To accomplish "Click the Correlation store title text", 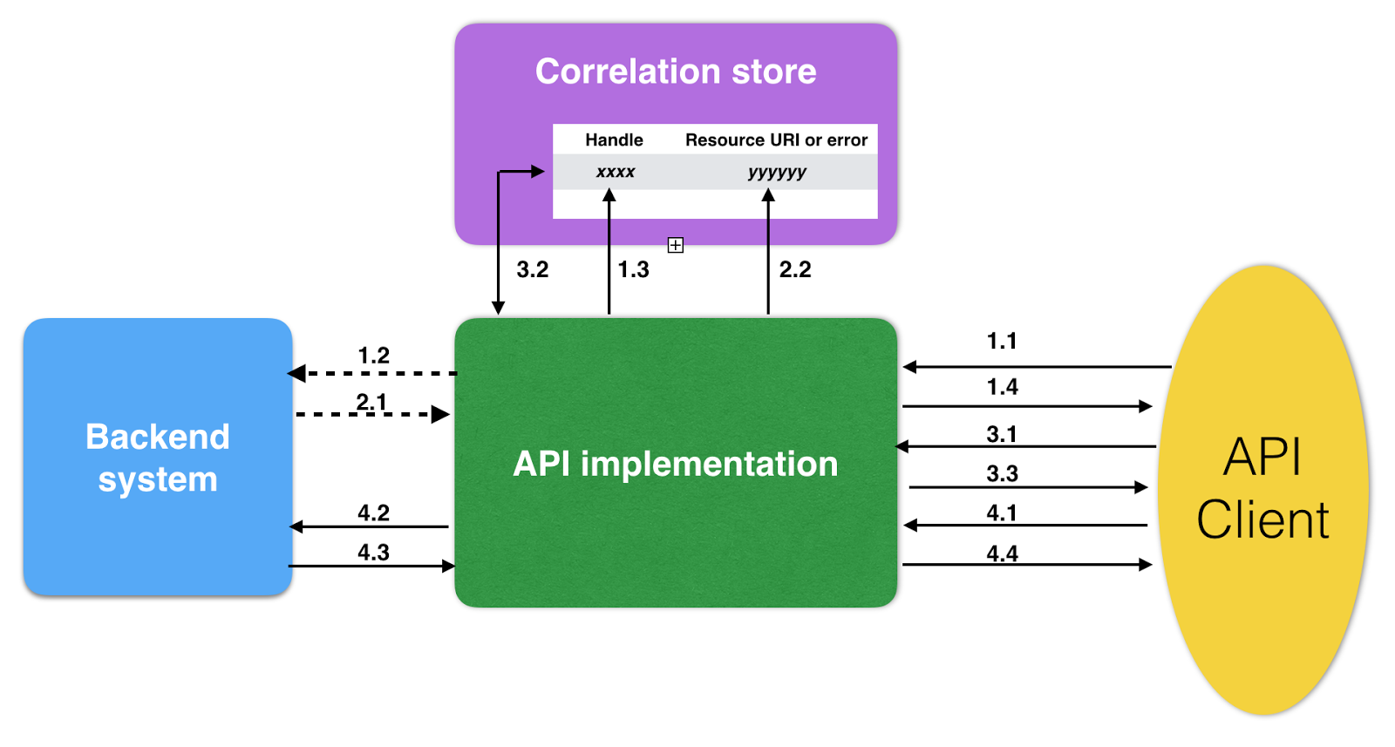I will click(x=676, y=71).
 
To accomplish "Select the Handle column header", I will click(x=614, y=139).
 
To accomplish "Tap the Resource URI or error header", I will click(x=776, y=139).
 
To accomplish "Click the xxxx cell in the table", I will click(x=615, y=172).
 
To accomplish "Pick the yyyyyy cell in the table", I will click(x=777, y=172).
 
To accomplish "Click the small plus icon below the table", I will click(x=676, y=245).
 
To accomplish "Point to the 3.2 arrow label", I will click(x=533, y=269).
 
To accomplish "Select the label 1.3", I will click(x=633, y=269).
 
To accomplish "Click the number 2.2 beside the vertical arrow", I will click(x=795, y=269).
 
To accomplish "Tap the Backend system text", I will click(x=158, y=458).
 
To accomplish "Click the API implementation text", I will click(x=676, y=464).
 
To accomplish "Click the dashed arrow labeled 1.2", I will click(x=375, y=373).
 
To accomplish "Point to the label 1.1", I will click(x=1002, y=341).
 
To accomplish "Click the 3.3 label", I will click(x=1002, y=473).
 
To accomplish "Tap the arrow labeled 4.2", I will click(x=371, y=526).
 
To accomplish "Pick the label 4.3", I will click(x=373, y=552).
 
